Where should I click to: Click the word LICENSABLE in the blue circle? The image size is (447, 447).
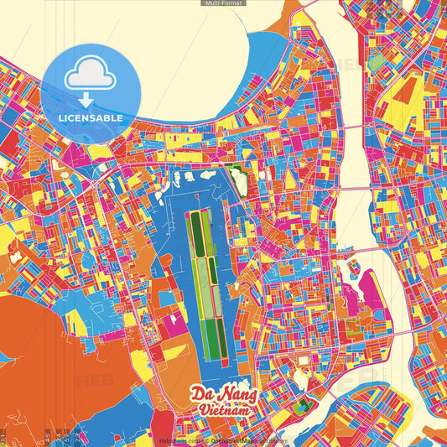[x=91, y=118]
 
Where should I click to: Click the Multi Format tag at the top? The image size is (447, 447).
[x=223, y=3]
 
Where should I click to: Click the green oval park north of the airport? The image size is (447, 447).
[x=238, y=179]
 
